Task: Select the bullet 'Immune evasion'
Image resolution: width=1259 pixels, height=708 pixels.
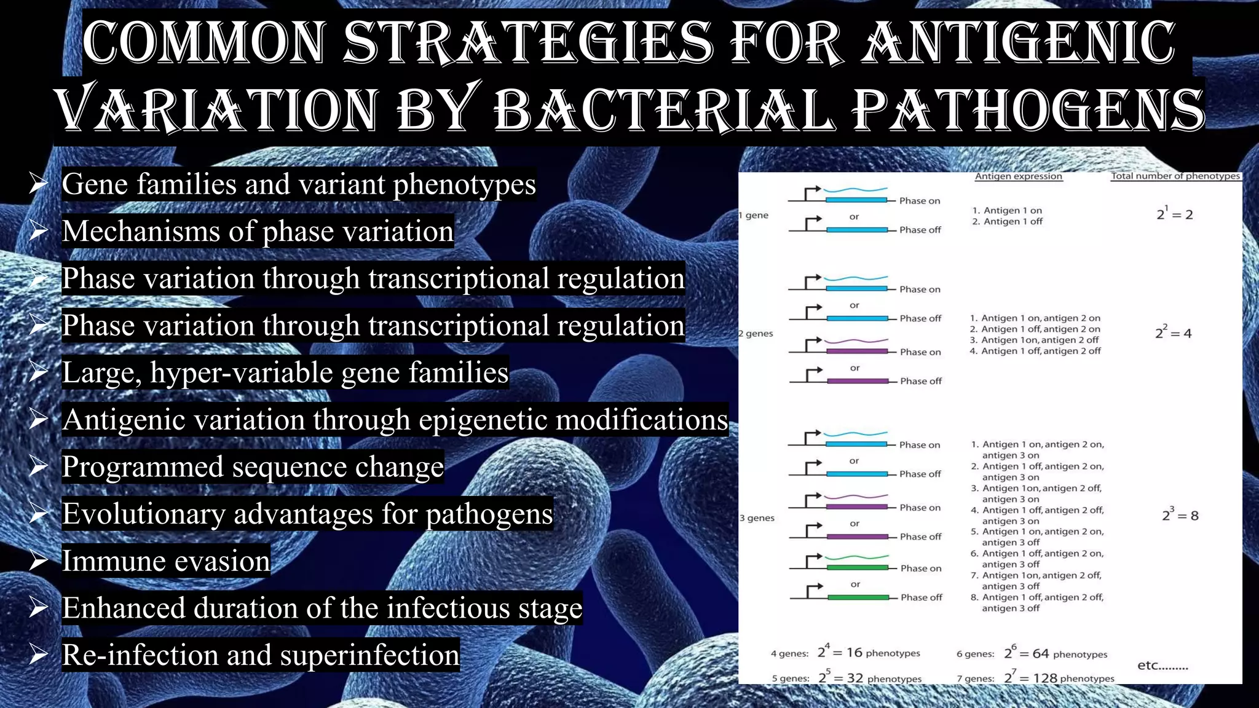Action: point(166,561)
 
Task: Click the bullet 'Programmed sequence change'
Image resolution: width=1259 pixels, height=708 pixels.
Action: point(253,467)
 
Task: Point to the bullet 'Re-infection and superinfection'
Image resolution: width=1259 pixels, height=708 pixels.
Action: point(261,655)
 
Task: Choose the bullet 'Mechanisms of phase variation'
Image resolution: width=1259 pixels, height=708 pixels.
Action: point(258,232)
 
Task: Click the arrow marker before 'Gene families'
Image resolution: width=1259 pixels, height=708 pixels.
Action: point(38,184)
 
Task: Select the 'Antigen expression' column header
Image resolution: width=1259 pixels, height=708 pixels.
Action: point(1018,176)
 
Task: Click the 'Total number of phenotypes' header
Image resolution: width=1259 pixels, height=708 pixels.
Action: point(1175,176)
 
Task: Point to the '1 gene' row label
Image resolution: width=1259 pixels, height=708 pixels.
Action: point(754,216)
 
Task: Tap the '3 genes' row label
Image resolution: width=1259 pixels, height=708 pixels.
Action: point(757,518)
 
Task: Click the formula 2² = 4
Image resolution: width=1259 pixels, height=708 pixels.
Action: point(1173,333)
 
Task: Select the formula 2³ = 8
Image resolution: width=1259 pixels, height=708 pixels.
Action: point(1180,515)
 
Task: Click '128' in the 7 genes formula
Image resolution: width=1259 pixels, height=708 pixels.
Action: point(1045,678)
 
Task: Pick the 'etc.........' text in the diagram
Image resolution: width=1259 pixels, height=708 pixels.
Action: point(1162,666)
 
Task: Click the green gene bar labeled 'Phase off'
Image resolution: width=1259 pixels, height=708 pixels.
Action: point(858,597)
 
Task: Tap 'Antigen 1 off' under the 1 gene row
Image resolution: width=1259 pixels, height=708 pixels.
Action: point(1012,222)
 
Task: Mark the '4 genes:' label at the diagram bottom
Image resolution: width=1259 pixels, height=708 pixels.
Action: point(789,654)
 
